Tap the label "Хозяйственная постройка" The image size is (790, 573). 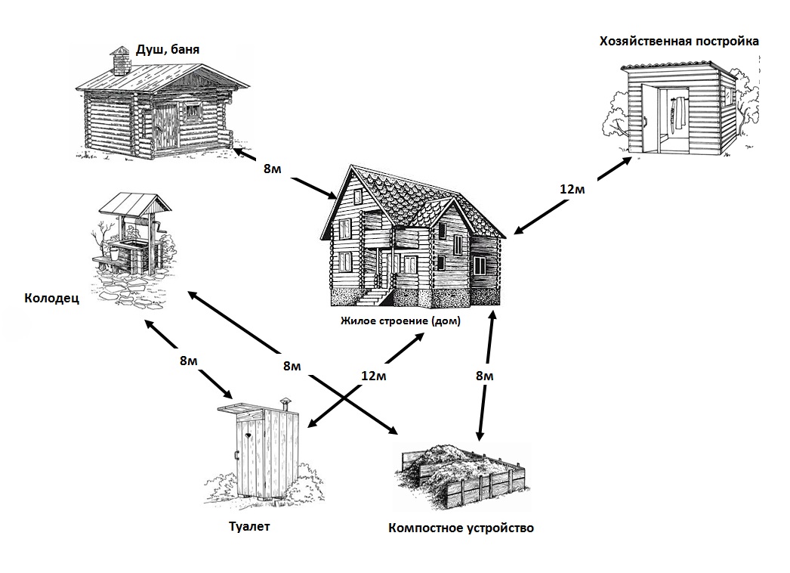[x=678, y=41]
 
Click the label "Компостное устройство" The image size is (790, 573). [x=460, y=528]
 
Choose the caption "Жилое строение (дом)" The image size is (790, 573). [x=400, y=321]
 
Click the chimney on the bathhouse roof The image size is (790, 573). [x=119, y=60]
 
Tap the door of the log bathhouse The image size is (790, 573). [x=167, y=126]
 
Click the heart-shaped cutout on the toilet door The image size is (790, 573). [x=248, y=436]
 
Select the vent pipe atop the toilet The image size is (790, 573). [x=285, y=403]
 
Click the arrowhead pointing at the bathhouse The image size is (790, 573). [x=239, y=152]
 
